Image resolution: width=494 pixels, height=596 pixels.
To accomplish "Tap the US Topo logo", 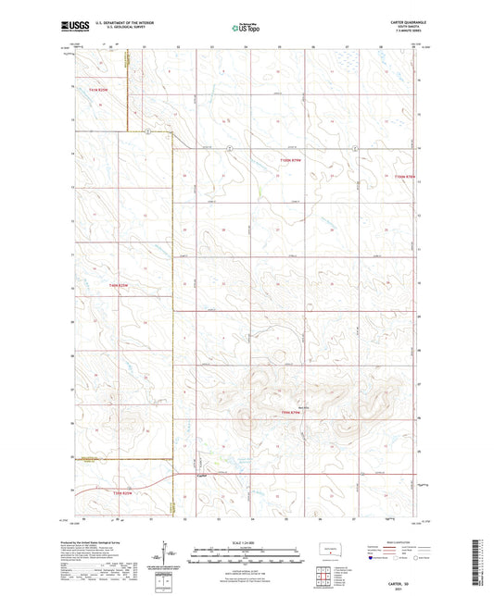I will tap(247, 28).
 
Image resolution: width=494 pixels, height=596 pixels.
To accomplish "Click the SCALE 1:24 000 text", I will tap(247, 541).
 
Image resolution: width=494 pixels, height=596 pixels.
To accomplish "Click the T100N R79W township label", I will tap(291, 160).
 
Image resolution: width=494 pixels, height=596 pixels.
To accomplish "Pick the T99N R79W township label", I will tap(291, 412).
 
